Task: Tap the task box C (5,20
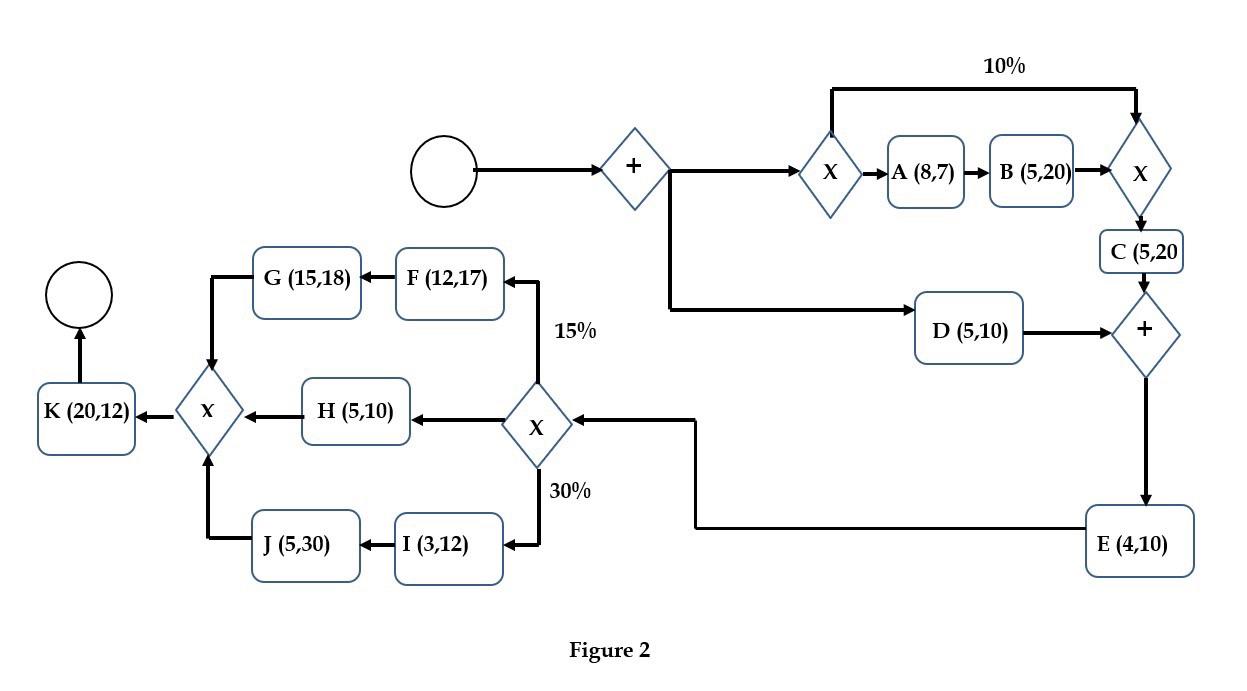coord(1142,252)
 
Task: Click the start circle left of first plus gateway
coord(444,171)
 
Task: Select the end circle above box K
coord(79,295)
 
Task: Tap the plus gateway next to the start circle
coord(634,169)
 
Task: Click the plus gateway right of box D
coord(1145,333)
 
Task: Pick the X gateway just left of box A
coord(830,172)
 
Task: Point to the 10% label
coord(1004,66)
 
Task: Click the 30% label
coord(570,490)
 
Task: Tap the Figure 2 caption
coord(610,650)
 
